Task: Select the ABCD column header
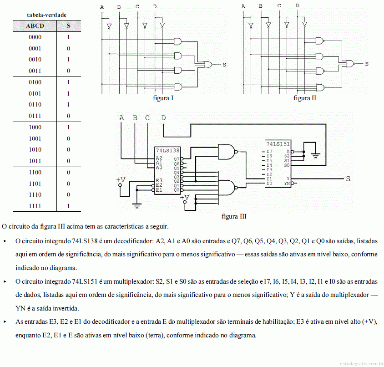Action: coord(35,26)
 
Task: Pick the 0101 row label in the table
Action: coord(35,93)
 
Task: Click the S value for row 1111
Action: coord(68,206)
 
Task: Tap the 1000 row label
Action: coord(35,127)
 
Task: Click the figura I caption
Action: coord(163,98)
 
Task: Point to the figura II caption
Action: coord(305,98)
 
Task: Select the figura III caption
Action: coord(234,216)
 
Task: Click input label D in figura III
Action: coord(163,118)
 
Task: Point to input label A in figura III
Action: coord(121,118)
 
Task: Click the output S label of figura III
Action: coord(348,179)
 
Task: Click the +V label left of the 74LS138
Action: coord(121,180)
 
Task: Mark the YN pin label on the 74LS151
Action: coord(287,183)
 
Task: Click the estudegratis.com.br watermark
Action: coord(359,363)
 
